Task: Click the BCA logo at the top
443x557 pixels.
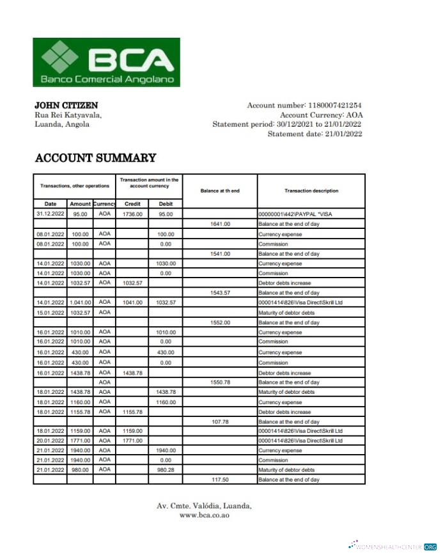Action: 107,62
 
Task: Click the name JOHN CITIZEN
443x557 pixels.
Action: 66,105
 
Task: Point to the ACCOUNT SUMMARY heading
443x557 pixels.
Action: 95,158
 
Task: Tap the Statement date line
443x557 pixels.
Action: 315,134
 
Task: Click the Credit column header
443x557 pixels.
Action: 133,204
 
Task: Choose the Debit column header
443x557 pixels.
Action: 166,204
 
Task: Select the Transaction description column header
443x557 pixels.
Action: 311,191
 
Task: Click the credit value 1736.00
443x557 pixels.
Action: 133,214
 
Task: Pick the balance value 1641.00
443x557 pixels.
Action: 220,224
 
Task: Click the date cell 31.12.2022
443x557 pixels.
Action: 50,214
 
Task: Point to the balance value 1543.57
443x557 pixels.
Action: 220,293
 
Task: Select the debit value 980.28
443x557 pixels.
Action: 166,469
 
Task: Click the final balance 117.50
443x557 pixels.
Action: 220,479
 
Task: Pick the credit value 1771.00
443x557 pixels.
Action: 133,441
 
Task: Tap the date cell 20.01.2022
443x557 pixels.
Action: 50,441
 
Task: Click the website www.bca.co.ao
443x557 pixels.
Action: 205,515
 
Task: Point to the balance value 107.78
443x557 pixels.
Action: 220,422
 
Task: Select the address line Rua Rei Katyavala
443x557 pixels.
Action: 68,114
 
